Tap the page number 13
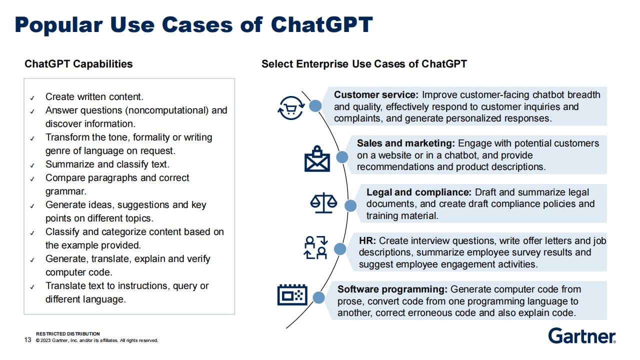(27, 339)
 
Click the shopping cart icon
(291, 108)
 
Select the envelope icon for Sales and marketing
(317, 159)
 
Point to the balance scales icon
(323, 202)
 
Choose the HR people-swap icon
(315, 247)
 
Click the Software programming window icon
(292, 295)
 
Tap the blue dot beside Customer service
(315, 106)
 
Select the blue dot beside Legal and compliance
(350, 205)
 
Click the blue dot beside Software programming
(318, 297)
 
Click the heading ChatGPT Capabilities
(78, 64)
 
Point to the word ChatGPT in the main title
(321, 24)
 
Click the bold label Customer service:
(376, 94)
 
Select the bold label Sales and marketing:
(405, 143)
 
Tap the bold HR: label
(367, 240)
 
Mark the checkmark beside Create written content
(32, 98)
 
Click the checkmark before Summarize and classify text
(32, 165)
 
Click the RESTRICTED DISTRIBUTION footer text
(67, 333)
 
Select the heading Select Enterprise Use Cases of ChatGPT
(364, 64)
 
